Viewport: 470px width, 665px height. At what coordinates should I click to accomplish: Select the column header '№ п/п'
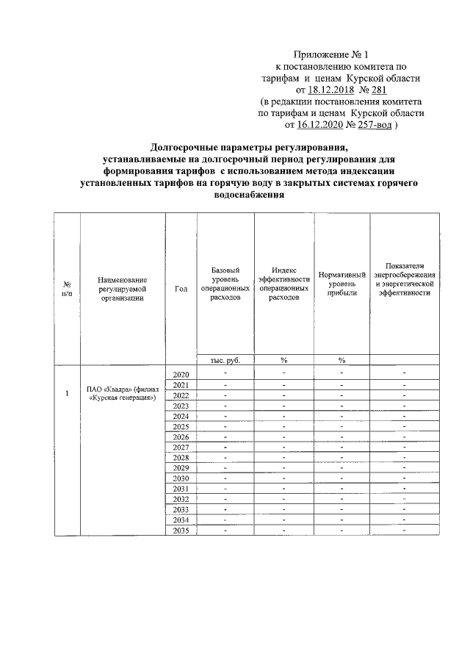pyautogui.click(x=67, y=289)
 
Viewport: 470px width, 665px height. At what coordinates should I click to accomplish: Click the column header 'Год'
pyautogui.click(x=181, y=289)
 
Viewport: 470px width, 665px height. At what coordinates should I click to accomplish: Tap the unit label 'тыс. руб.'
pyautogui.click(x=225, y=360)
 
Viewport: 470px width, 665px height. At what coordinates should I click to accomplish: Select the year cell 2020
pyautogui.click(x=181, y=375)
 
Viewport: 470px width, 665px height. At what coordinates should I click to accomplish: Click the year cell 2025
pyautogui.click(x=181, y=427)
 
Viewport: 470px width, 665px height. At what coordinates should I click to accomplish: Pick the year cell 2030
pyautogui.click(x=181, y=478)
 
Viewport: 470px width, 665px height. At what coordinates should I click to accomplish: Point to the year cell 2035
pyautogui.click(x=181, y=530)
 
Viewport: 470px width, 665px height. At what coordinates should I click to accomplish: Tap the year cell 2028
pyautogui.click(x=181, y=458)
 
